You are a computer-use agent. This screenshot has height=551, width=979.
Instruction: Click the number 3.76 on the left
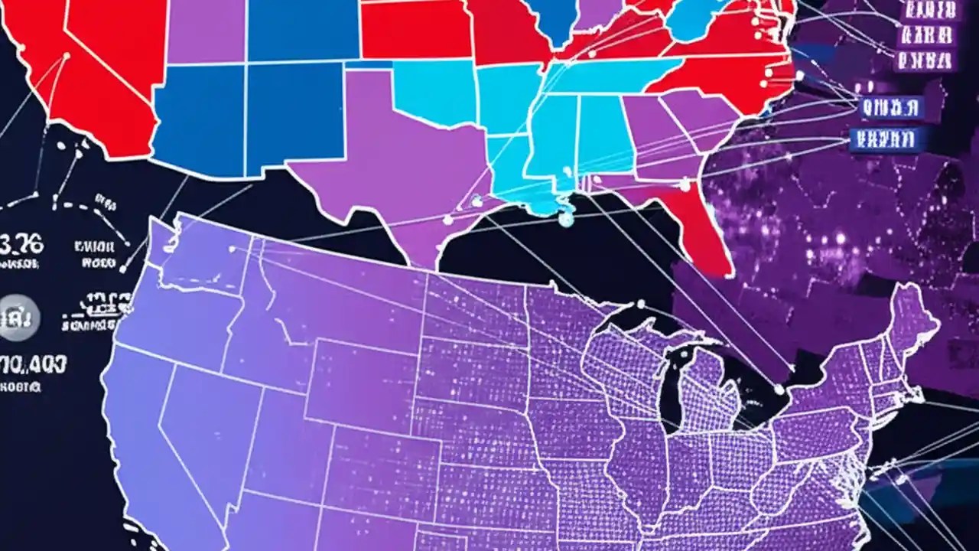click(23, 245)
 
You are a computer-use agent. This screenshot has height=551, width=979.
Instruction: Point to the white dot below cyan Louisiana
click(565, 220)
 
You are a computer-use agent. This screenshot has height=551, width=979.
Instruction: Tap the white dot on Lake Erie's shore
click(779, 390)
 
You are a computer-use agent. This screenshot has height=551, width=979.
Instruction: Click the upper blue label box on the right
click(892, 109)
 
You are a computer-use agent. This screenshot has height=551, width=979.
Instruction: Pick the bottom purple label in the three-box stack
click(925, 60)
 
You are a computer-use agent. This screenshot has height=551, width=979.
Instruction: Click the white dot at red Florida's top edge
click(685, 184)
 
